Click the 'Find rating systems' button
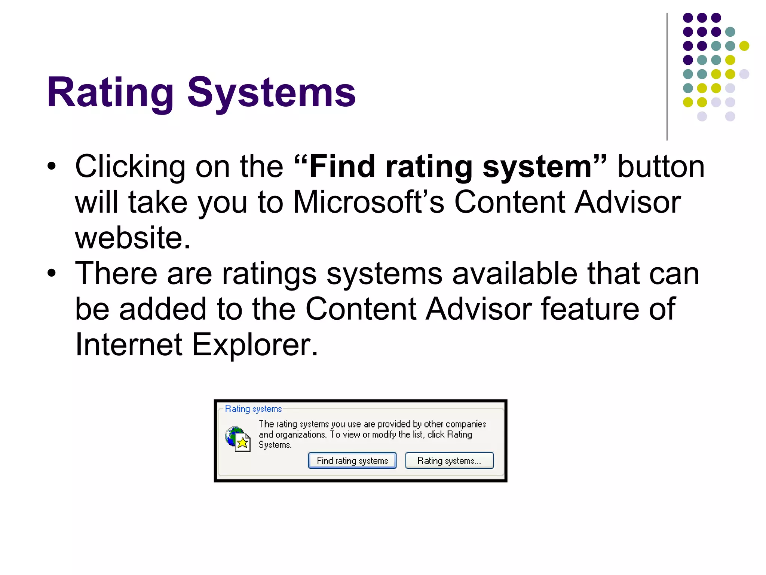point(352,460)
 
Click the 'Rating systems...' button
point(449,460)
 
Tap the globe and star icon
point(238,439)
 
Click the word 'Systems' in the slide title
point(272,92)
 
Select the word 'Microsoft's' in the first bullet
point(368,202)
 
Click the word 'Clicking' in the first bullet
point(130,167)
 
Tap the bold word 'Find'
point(342,167)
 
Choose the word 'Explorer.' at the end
point(255,344)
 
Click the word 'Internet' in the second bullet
point(128,344)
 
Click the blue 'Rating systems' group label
point(253,409)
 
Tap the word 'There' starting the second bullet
point(116,273)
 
